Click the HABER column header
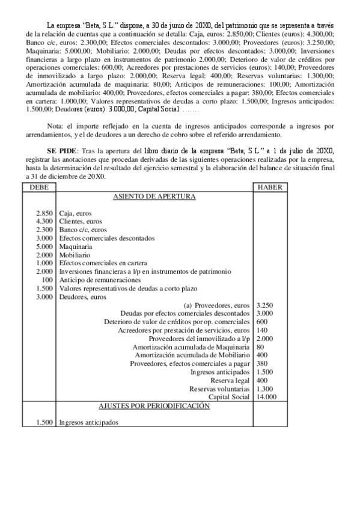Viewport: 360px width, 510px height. [x=268, y=188]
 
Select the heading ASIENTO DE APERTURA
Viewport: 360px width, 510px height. [x=154, y=197]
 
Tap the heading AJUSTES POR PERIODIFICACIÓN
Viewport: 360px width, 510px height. [x=154, y=407]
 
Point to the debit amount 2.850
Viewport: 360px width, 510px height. [x=45, y=214]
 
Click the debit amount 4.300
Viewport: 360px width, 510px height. [x=45, y=222]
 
